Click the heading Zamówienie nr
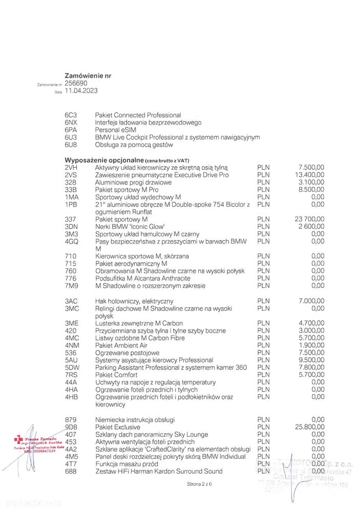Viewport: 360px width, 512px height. click(x=88, y=75)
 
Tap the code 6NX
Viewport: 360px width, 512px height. click(x=71, y=122)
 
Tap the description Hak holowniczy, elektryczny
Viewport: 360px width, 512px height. click(x=134, y=301)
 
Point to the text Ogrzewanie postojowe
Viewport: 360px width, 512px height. click(x=127, y=353)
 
